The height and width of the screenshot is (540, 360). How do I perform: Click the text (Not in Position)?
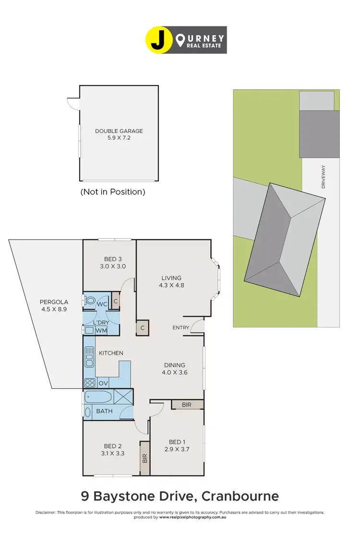(112, 192)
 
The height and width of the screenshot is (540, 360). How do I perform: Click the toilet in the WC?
(90, 301)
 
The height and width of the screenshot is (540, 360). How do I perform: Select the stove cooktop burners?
(89, 383)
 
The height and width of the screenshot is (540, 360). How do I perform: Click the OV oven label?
(103, 383)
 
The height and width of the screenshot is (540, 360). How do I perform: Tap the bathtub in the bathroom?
(98, 397)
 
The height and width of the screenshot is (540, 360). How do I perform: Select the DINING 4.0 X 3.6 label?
(173, 368)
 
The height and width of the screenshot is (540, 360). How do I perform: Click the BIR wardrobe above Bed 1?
(187, 405)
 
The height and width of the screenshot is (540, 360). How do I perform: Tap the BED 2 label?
(113, 449)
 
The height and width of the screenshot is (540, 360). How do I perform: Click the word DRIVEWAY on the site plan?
(324, 177)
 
